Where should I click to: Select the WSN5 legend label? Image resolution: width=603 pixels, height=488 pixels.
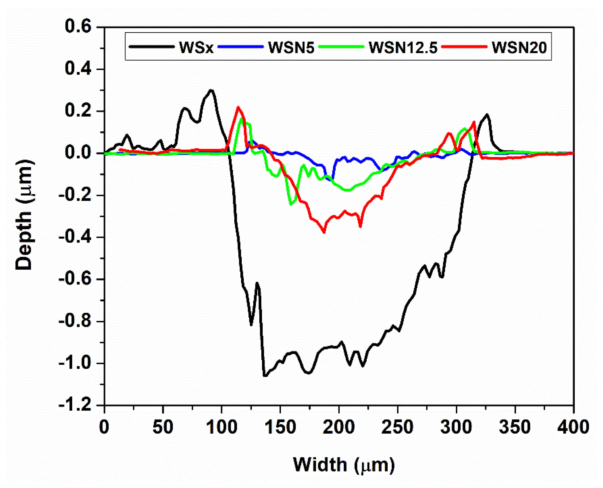point(291,47)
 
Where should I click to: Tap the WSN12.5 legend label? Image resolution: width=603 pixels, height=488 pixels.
point(403,47)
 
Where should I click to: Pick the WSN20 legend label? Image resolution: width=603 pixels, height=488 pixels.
point(519,47)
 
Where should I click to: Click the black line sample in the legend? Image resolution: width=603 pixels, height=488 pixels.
point(152,47)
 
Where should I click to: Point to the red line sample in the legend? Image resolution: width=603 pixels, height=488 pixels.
point(464,47)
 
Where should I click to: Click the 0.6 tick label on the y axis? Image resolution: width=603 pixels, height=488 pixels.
point(74,26)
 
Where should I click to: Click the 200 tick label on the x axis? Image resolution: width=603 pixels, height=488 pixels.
point(339,427)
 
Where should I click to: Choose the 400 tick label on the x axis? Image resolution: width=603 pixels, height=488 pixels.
point(573,427)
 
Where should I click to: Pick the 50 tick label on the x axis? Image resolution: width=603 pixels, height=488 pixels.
point(163,427)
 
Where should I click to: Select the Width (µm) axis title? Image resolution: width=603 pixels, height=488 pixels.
point(344,465)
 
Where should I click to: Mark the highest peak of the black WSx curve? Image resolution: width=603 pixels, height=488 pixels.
point(211,90)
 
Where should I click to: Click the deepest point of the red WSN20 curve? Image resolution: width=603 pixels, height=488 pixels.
point(324,232)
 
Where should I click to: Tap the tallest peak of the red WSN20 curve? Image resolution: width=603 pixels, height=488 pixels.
point(238,107)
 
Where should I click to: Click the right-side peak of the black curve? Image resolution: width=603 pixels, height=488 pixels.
point(487,114)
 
